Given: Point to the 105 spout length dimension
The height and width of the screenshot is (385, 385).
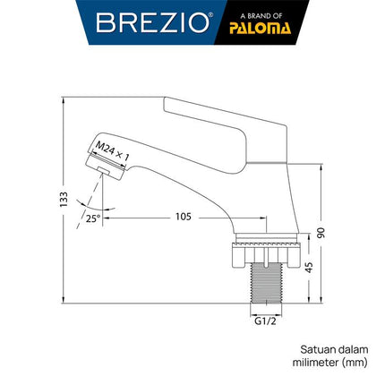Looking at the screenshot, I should click(x=184, y=216).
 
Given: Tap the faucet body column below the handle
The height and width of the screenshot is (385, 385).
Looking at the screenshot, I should click(x=261, y=188).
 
